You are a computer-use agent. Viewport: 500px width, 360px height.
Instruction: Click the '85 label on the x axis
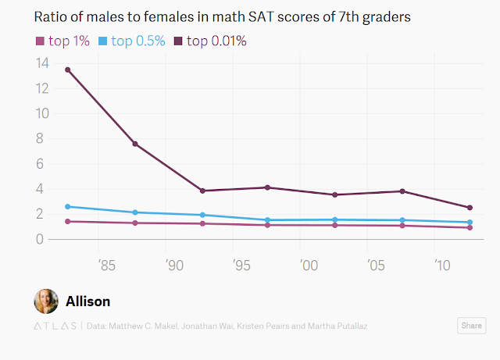click(x=108, y=266)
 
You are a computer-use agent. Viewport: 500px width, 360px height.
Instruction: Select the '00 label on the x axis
click(x=309, y=266)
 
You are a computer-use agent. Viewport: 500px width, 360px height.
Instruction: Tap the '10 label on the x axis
click(x=442, y=266)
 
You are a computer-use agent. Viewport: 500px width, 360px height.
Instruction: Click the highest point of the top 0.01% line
click(x=68, y=70)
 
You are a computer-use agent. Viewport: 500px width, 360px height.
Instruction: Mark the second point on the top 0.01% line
click(x=135, y=144)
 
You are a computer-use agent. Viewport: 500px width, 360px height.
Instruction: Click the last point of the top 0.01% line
click(x=470, y=208)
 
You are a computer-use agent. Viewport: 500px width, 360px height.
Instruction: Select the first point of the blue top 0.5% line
click(x=68, y=207)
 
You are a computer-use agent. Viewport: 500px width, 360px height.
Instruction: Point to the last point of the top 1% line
click(x=470, y=227)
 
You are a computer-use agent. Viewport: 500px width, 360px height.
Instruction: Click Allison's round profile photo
click(x=46, y=301)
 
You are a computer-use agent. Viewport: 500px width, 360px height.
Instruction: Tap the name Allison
click(x=87, y=301)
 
